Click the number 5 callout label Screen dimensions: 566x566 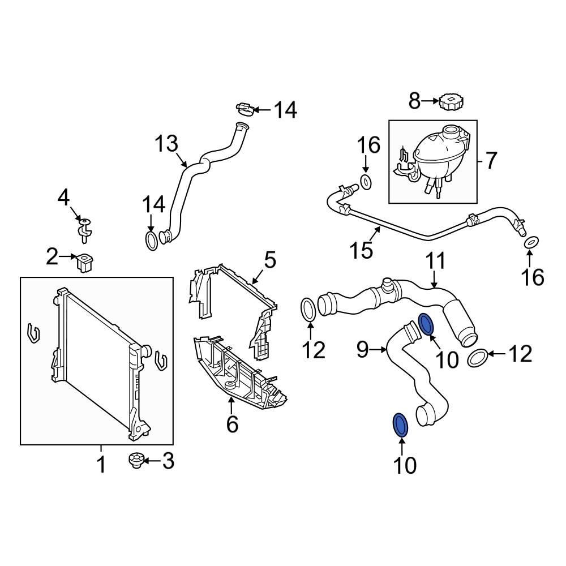tap(270, 261)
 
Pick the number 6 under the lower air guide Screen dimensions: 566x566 tap(232, 423)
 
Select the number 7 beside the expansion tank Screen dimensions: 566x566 tap(490, 161)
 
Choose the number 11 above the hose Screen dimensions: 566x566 tap(436, 261)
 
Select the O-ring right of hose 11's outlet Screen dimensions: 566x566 tap(477, 358)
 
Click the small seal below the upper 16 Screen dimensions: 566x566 tap(366, 182)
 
